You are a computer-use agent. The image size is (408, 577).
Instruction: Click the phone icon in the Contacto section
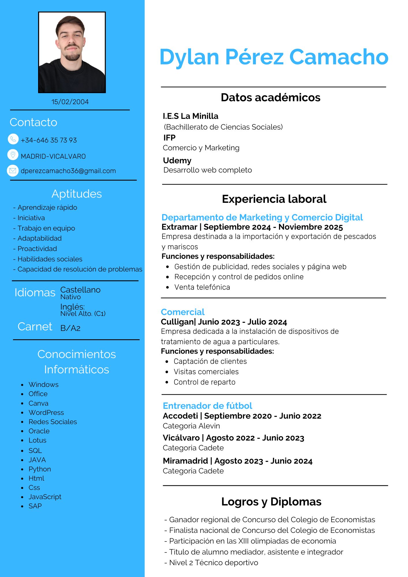pos(13,139)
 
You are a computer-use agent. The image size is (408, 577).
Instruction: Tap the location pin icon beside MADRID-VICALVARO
pos(13,155)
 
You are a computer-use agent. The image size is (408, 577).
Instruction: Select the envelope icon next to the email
pos(13,171)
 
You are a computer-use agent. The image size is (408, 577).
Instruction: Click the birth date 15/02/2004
pos(70,102)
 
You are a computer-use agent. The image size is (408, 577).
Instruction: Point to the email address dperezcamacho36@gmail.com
pos(68,171)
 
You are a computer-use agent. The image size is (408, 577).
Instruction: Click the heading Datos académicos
pos(270,98)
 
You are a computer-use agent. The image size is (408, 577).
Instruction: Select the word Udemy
pos(177,160)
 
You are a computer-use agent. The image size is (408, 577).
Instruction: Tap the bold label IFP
pos(169,138)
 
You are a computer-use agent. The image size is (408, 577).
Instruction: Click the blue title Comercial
pos(183,312)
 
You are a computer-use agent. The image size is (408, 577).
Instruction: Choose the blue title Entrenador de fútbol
pos(207,406)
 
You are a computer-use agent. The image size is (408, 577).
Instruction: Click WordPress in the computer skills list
pos(46,413)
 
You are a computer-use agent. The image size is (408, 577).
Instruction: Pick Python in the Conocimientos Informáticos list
pos(40,469)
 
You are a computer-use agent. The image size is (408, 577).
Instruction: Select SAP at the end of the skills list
pos(35,506)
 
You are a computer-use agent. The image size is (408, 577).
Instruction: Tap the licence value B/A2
pos(70,328)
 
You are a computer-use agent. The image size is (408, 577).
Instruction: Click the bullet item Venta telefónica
pos(202,287)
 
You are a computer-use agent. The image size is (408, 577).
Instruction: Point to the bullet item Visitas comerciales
pos(206,372)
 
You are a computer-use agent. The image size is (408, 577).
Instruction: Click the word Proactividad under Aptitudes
pos(37,249)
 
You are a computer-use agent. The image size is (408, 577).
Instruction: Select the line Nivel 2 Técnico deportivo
pos(214,563)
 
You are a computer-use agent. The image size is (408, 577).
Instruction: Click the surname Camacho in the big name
pos(339,57)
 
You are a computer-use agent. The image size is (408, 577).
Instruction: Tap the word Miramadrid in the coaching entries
pos(185,461)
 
